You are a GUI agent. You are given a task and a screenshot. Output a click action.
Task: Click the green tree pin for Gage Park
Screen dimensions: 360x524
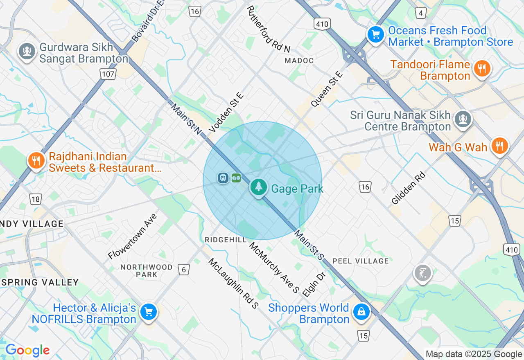click(x=258, y=187)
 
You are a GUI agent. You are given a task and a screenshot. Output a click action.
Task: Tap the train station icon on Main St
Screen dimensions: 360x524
click(x=223, y=178)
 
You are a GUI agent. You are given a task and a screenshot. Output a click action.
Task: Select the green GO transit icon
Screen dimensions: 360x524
click(x=236, y=178)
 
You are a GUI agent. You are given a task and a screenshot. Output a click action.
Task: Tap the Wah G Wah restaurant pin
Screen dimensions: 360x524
click(x=499, y=146)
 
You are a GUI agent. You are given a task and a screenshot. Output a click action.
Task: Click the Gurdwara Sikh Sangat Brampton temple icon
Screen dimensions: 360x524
click(x=27, y=51)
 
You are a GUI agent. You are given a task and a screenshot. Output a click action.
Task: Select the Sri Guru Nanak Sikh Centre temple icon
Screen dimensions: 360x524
click(x=463, y=119)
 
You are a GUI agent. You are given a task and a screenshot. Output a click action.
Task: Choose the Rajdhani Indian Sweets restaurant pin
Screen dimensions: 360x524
click(x=36, y=160)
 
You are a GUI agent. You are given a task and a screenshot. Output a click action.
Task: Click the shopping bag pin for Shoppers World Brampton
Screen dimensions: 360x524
click(x=361, y=312)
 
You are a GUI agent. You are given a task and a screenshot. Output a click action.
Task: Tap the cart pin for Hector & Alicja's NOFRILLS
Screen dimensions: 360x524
click(x=148, y=312)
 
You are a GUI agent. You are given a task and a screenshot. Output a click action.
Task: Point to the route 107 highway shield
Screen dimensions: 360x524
click(x=108, y=74)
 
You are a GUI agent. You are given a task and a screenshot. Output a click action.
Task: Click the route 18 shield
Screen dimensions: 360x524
click(x=36, y=199)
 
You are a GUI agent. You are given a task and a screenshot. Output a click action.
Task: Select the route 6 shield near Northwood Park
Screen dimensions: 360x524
click(x=184, y=269)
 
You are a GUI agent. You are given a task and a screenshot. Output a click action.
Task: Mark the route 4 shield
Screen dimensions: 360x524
click(x=420, y=13)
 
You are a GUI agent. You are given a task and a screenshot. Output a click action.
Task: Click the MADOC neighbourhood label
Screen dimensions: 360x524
click(x=299, y=61)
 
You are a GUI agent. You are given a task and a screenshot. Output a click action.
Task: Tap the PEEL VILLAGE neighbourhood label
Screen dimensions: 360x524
click(x=360, y=261)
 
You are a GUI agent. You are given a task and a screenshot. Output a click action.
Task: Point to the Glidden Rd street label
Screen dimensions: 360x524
click(x=409, y=188)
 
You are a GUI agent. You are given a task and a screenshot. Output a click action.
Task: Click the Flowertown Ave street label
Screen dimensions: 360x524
click(x=132, y=236)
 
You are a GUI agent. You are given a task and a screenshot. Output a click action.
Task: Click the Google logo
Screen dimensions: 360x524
click(x=27, y=351)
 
